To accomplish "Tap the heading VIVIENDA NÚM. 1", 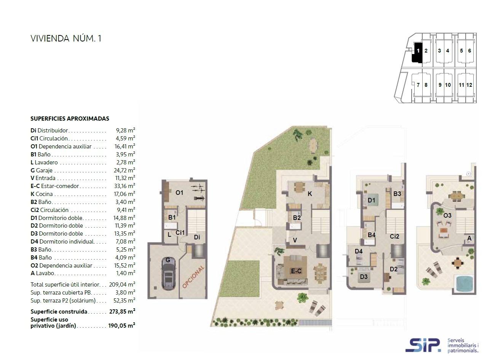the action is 66,38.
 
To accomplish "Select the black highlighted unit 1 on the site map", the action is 417,53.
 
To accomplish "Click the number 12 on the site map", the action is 469,85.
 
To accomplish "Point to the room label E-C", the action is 296,271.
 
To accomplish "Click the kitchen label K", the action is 310,194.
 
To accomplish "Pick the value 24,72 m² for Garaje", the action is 124,170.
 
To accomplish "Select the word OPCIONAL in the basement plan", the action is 193,277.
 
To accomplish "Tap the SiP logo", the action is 423,345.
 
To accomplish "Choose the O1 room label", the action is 179,193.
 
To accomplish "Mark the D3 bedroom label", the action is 364,277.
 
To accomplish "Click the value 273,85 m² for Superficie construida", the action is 122,311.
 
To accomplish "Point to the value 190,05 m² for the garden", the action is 121,325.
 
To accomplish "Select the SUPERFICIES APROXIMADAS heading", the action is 70,119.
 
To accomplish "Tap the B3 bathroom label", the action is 397,194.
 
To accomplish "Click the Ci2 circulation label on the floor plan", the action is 394,237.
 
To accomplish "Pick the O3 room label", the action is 447,215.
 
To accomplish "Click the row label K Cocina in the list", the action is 42,194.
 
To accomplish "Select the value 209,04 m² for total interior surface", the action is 122,285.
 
